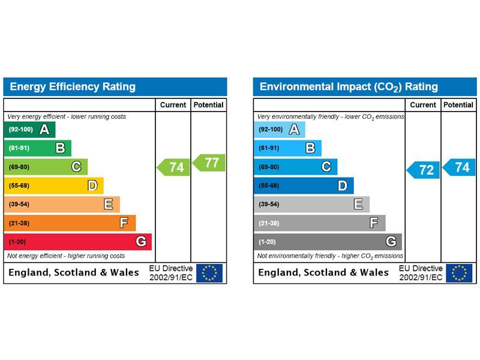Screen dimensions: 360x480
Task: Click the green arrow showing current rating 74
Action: (174, 167)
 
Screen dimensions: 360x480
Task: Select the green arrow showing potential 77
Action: (209, 163)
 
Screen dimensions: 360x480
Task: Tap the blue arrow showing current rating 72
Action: (424, 170)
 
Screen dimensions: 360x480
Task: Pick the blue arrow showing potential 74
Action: (460, 167)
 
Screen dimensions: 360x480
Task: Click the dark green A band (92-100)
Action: (29, 130)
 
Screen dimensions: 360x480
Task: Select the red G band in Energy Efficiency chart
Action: (77, 242)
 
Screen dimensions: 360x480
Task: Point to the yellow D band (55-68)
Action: (53, 185)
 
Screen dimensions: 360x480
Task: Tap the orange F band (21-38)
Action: (70, 223)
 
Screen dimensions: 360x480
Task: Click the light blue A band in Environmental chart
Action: (280, 130)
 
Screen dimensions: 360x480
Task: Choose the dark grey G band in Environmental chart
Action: (328, 242)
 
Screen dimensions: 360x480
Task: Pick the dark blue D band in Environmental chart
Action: (304, 185)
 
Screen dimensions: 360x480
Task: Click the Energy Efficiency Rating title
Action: (73, 86)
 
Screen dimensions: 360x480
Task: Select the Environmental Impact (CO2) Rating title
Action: (349, 87)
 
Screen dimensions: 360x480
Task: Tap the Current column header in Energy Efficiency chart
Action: (173, 105)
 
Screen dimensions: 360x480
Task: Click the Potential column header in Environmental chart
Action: (458, 105)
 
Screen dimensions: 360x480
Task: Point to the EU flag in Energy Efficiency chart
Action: (209, 273)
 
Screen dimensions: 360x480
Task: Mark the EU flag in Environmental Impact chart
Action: (459, 273)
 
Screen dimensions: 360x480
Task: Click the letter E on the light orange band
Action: (109, 205)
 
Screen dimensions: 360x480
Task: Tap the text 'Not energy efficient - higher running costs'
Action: (66, 256)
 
